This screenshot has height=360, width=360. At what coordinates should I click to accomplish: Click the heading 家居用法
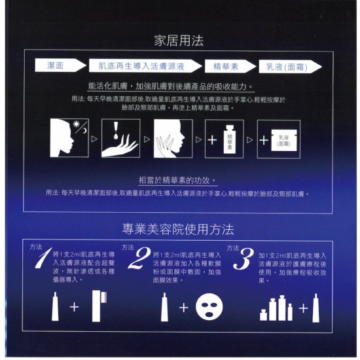pyautogui.click(x=179, y=41)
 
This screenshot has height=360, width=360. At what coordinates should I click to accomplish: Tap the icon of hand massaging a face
pyautogui.click(x=171, y=139)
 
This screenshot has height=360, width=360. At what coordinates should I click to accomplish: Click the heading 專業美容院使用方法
pyautogui.click(x=178, y=229)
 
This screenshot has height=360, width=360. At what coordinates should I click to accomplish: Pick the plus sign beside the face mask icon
pyautogui.click(x=184, y=307)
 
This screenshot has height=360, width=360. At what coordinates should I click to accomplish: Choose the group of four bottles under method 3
pyautogui.click(x=276, y=308)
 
